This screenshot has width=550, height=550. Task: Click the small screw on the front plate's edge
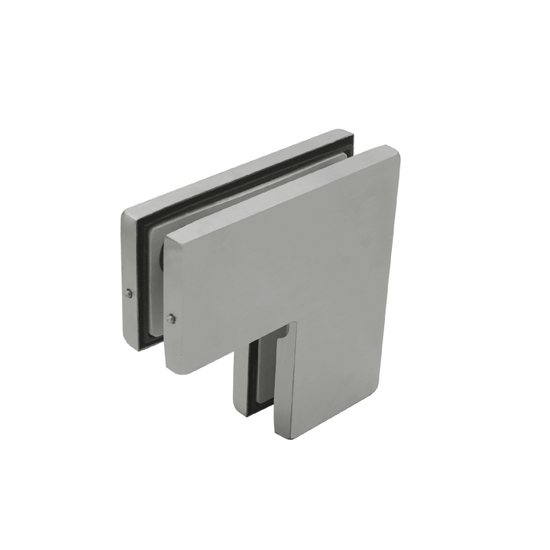coord(171,319)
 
